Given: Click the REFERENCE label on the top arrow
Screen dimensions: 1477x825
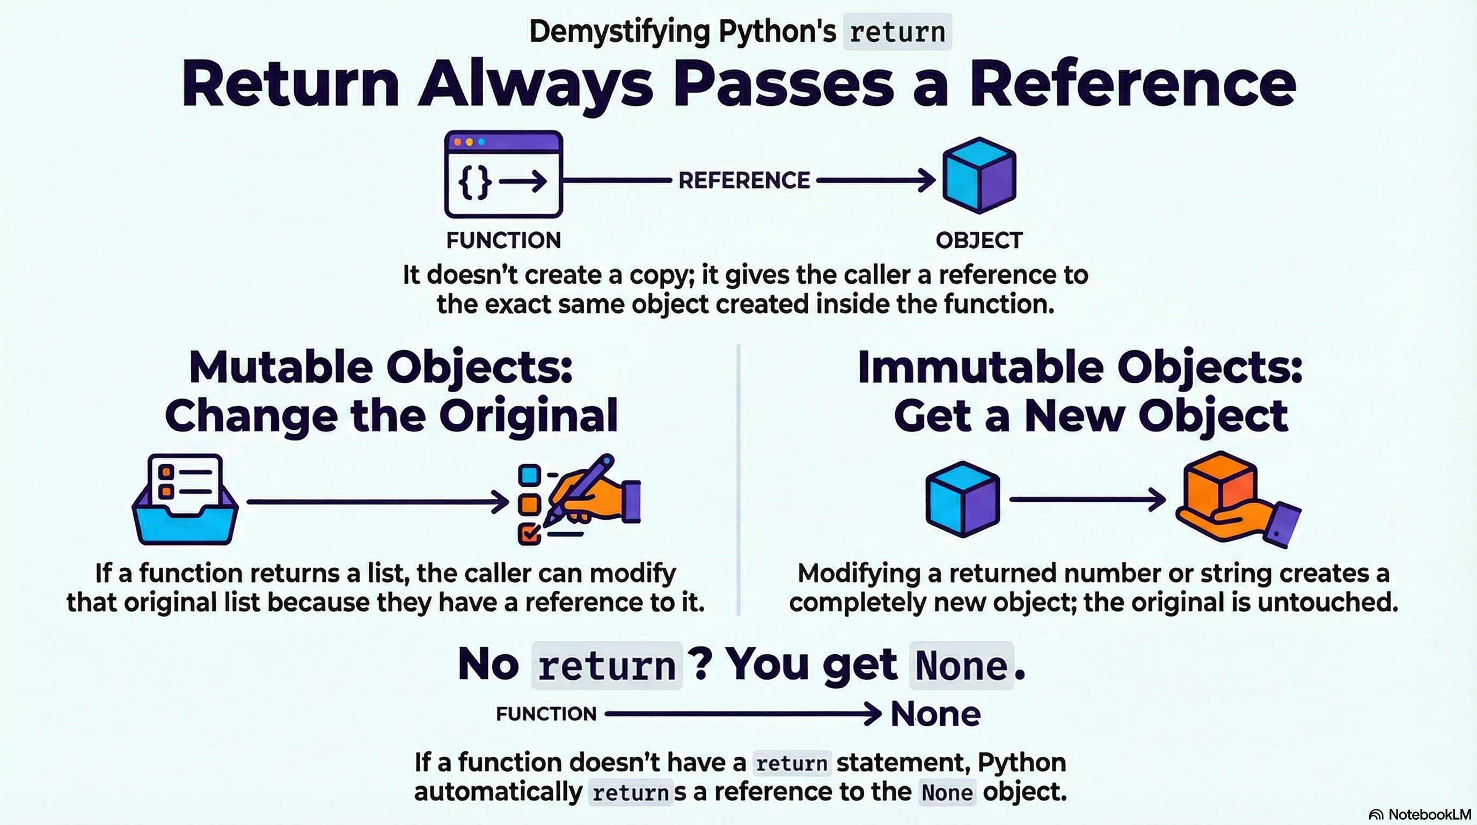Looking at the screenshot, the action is (744, 180).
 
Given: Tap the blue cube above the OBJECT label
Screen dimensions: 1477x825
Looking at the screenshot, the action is (979, 175).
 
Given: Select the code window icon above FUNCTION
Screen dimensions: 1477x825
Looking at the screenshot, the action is (503, 174).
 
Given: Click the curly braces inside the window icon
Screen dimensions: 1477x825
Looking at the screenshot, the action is (476, 182).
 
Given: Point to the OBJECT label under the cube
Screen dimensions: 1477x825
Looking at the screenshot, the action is (979, 241).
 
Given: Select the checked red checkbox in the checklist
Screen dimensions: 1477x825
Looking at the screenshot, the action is (529, 534).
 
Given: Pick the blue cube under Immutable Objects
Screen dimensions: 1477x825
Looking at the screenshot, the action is (963, 500).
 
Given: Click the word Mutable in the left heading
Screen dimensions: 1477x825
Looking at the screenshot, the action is (281, 368).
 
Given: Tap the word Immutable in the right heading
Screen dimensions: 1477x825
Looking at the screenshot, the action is (981, 368).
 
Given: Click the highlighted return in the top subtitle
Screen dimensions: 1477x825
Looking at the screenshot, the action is (897, 32).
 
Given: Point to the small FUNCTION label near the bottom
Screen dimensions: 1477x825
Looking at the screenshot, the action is (546, 714).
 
